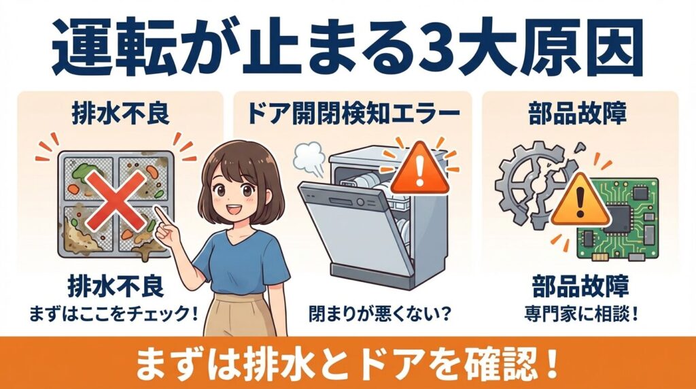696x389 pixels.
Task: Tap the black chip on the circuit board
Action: (x=623, y=214)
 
